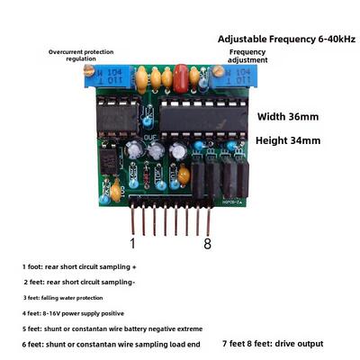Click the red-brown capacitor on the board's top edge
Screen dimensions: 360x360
point(181,78)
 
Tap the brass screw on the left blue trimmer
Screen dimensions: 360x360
point(88,71)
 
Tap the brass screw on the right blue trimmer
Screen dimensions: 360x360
point(218,71)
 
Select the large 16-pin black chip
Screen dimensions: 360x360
point(203,119)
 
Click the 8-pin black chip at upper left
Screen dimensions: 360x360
point(118,118)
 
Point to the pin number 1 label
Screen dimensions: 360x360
point(132,243)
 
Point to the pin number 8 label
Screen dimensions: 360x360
point(208,243)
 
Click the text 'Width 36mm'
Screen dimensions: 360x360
point(288,116)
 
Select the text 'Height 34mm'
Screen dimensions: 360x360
point(288,140)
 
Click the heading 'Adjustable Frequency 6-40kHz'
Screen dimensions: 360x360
point(286,39)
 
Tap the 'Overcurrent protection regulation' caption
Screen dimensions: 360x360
point(81,55)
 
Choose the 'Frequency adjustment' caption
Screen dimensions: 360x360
point(247,56)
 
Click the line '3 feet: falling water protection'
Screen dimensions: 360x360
point(63,298)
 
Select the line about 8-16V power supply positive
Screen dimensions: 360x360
point(73,313)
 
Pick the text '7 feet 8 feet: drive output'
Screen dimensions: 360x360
point(273,344)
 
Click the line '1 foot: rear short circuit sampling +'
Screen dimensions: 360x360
point(79,266)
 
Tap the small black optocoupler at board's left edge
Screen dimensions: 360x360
point(108,159)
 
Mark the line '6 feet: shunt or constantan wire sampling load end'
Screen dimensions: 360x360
point(111,345)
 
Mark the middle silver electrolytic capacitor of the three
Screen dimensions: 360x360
point(157,150)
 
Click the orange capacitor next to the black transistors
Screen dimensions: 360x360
point(184,175)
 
